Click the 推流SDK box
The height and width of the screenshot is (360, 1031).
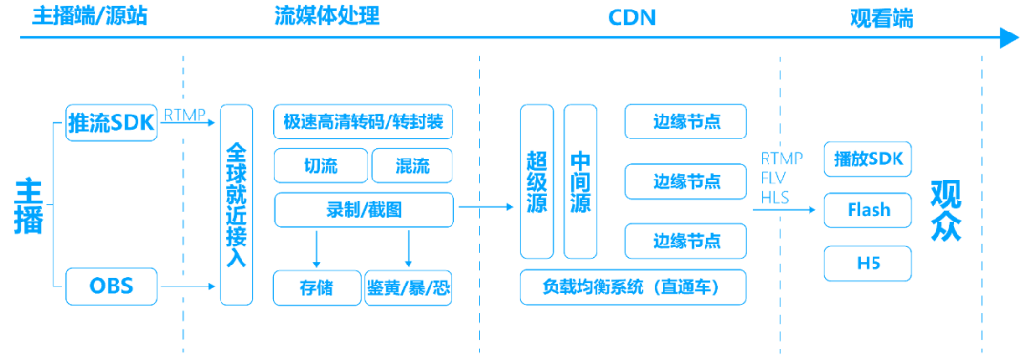point(112,124)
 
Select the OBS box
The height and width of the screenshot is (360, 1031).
point(112,286)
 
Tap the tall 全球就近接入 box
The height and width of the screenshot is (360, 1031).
point(237,205)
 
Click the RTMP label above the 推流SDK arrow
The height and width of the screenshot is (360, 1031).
point(184,115)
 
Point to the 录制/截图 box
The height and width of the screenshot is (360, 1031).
point(364,209)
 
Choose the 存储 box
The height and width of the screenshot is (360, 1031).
point(316,287)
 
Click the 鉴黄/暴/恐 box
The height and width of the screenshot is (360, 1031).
point(409,287)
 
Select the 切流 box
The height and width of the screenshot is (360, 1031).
point(319,165)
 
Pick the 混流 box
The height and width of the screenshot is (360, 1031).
point(411,165)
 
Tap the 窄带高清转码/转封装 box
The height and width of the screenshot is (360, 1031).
point(364,121)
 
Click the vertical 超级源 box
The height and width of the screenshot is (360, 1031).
point(537,181)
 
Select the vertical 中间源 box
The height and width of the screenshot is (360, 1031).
point(580,181)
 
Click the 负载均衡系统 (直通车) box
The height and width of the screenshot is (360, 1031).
point(633,286)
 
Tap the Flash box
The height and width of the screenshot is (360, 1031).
point(868,210)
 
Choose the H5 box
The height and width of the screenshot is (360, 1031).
point(868,264)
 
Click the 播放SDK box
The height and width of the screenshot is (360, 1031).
point(868,158)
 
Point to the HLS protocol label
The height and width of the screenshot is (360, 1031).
point(774,197)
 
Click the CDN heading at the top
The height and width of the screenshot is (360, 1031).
point(632,16)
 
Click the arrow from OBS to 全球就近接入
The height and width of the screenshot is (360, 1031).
point(188,286)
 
